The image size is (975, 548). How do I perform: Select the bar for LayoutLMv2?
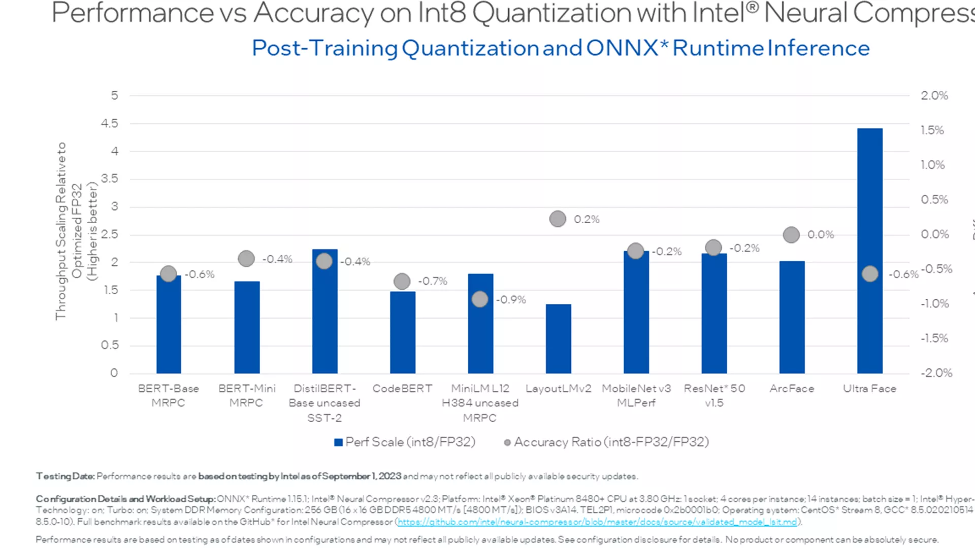pos(558,338)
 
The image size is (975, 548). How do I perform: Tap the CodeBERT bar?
pos(402,332)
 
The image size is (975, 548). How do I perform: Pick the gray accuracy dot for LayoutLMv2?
pos(558,219)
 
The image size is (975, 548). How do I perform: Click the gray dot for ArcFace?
pos(791,235)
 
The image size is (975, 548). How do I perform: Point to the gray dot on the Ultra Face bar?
pos(870,274)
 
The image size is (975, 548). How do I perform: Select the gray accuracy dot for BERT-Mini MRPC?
pos(246,259)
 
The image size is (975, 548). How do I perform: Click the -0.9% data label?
pos(511,300)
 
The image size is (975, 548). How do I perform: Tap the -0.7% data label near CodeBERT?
pos(433,281)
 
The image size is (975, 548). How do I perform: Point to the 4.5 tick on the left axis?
pos(109,123)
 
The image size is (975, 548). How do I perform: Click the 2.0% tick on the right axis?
pos(934,95)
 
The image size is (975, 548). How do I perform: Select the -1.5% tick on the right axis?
pos(934,338)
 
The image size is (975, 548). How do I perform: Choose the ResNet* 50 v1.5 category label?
pos(714,395)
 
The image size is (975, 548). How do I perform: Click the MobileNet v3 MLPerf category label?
pos(636,395)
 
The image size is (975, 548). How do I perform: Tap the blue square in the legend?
pos(338,442)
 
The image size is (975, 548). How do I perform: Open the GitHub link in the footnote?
pos(597,522)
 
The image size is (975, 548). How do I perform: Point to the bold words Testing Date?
pos(65,476)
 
